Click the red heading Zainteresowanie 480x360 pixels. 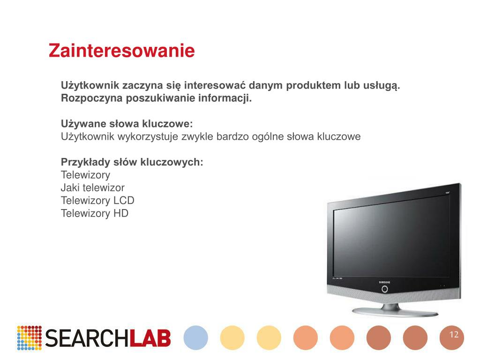[121, 51]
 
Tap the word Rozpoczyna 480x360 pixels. [92, 98]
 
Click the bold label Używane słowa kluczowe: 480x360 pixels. [127, 124]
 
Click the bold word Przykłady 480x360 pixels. [85, 162]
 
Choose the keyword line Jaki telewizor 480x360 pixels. [92, 187]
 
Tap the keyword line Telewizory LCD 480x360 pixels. [97, 201]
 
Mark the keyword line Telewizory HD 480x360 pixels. [94, 213]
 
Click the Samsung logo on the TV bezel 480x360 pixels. [384, 282]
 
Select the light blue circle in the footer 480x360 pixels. [196, 337]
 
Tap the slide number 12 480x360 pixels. [453, 335]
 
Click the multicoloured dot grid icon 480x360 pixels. [30, 338]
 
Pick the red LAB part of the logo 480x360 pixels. [150, 338]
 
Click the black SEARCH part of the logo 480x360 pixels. [87, 338]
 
